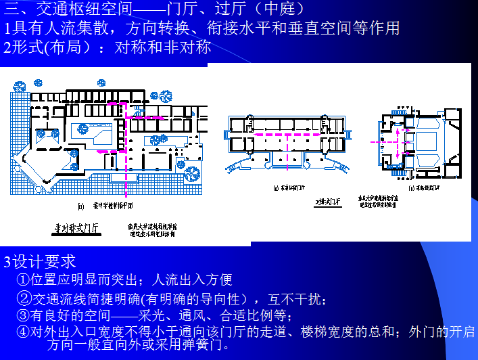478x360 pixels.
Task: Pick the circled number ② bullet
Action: [24, 298]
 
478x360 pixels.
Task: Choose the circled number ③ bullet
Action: [24, 315]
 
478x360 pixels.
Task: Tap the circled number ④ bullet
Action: [24, 332]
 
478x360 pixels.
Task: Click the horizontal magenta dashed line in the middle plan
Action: [297, 134]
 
